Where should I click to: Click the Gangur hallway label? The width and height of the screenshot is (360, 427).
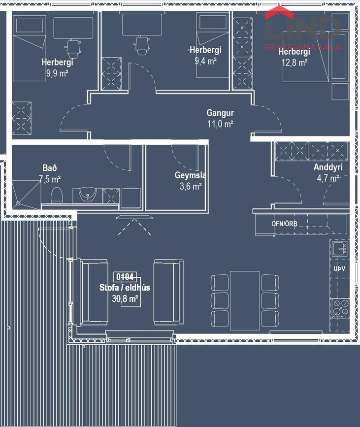coord(220,113)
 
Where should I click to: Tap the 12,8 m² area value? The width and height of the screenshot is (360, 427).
coord(295,63)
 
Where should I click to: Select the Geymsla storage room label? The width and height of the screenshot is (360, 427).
coord(191,175)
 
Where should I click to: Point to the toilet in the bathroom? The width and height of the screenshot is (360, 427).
coord(57,195)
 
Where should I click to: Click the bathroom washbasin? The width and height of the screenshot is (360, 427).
coord(87,194)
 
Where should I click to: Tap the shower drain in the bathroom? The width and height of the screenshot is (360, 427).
coord(18,203)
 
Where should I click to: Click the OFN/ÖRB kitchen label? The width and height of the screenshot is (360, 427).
coord(284,224)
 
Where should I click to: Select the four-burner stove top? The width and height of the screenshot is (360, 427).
coord(340,308)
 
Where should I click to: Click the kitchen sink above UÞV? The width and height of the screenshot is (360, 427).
coord(340,248)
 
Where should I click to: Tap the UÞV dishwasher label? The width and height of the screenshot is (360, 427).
coord(339,269)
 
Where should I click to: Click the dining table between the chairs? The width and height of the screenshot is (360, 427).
coord(245,300)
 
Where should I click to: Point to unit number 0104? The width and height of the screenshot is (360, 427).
coord(125,277)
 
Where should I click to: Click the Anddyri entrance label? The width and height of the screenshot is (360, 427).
coord(328,167)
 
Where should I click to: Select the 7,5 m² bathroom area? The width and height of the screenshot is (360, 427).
coord(50,179)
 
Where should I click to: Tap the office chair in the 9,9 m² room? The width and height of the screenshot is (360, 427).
coord(72,48)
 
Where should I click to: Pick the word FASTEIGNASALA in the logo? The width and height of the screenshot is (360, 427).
coord(302,47)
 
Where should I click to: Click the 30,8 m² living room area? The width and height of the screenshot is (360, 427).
coord(125,299)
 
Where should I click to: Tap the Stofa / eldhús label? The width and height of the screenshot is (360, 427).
coord(125,288)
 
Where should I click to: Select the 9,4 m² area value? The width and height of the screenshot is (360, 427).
coord(205,61)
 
